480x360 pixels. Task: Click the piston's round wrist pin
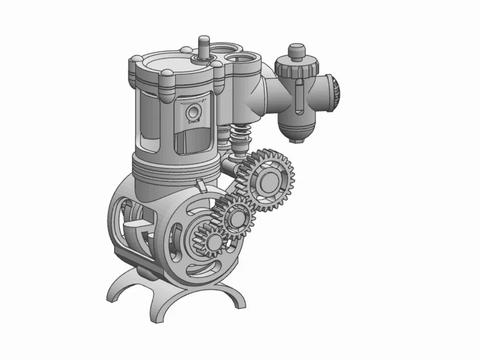click(194, 112)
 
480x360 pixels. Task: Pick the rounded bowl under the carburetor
click(297, 130)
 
